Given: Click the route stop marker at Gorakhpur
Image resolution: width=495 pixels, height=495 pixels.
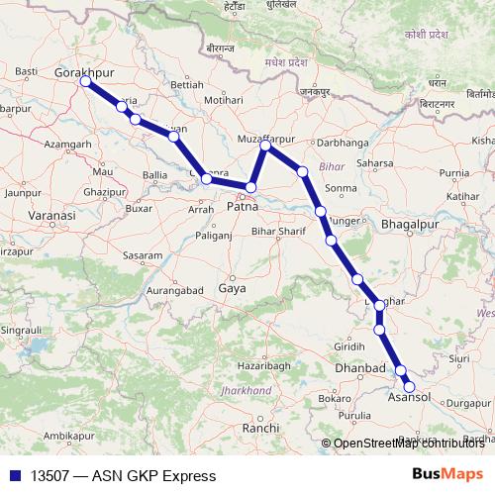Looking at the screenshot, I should coord(85,82).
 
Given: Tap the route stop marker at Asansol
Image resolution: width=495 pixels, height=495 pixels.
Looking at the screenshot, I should coord(409,387).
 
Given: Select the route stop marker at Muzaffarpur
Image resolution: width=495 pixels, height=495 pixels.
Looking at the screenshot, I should coord(265,147).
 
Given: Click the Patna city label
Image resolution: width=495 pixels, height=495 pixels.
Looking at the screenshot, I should coord(243,207).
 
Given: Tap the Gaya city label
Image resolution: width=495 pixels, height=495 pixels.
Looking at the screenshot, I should coord(232,289).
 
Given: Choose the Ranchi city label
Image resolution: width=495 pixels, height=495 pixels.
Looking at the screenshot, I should coord(261,427).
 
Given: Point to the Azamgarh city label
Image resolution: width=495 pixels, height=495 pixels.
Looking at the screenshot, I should coord(67,145).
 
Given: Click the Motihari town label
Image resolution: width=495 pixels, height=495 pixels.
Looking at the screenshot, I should coord(222,101).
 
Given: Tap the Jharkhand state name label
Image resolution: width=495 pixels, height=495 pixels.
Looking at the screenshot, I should coord(247,391).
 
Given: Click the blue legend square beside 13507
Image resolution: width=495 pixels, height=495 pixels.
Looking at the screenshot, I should coord(14,476).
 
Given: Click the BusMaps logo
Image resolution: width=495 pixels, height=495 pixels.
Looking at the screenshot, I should coord(447,475).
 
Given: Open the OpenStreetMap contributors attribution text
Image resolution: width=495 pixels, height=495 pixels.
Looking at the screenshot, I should coord(409,444).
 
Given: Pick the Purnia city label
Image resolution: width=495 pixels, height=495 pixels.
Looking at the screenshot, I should coord(454,172).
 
